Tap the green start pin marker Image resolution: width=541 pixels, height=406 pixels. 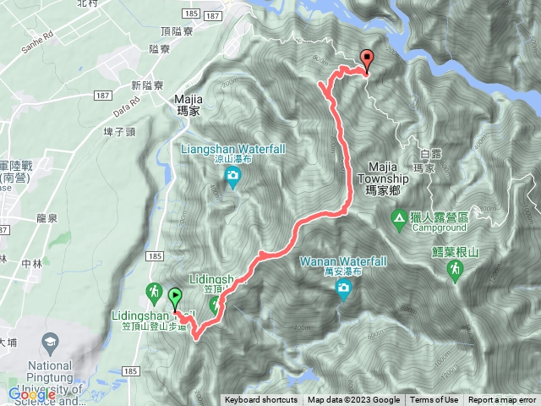175,297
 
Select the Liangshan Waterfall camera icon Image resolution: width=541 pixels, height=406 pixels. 232,176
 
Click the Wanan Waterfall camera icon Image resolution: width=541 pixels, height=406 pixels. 343,291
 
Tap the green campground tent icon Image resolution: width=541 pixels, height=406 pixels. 398,219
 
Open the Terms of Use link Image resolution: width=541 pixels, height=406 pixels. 434,400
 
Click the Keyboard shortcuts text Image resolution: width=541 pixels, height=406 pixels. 261,400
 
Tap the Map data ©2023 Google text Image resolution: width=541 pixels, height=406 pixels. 354,400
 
